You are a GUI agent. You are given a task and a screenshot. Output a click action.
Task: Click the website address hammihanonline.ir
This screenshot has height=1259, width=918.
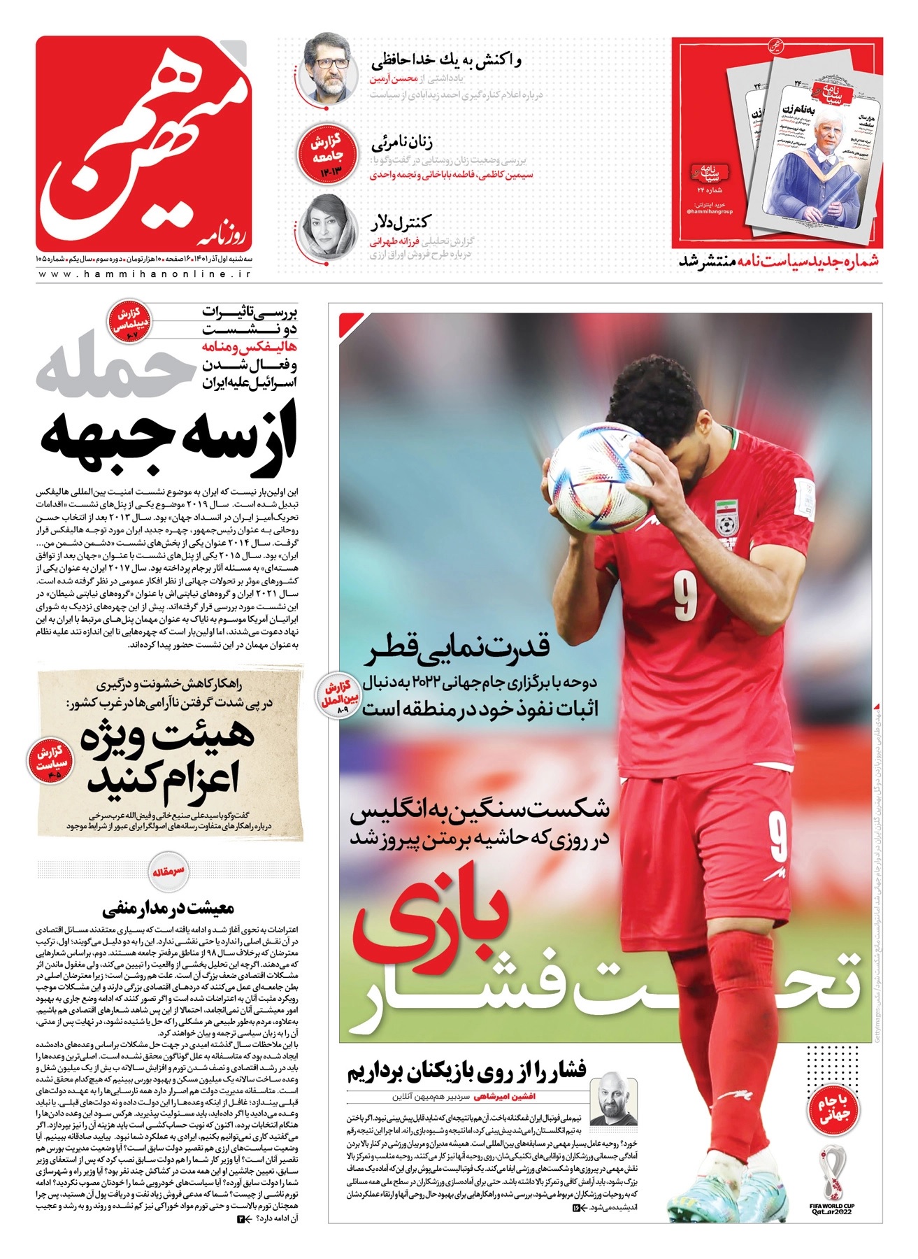coord(143,275)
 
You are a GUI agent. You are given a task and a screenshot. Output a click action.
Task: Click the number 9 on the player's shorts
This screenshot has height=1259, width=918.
coord(777,837)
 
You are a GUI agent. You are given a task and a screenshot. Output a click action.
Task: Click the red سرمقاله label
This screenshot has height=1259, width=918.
coord(168,872)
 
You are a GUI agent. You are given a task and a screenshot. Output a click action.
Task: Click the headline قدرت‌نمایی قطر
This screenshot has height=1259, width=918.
coord(459,646)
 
